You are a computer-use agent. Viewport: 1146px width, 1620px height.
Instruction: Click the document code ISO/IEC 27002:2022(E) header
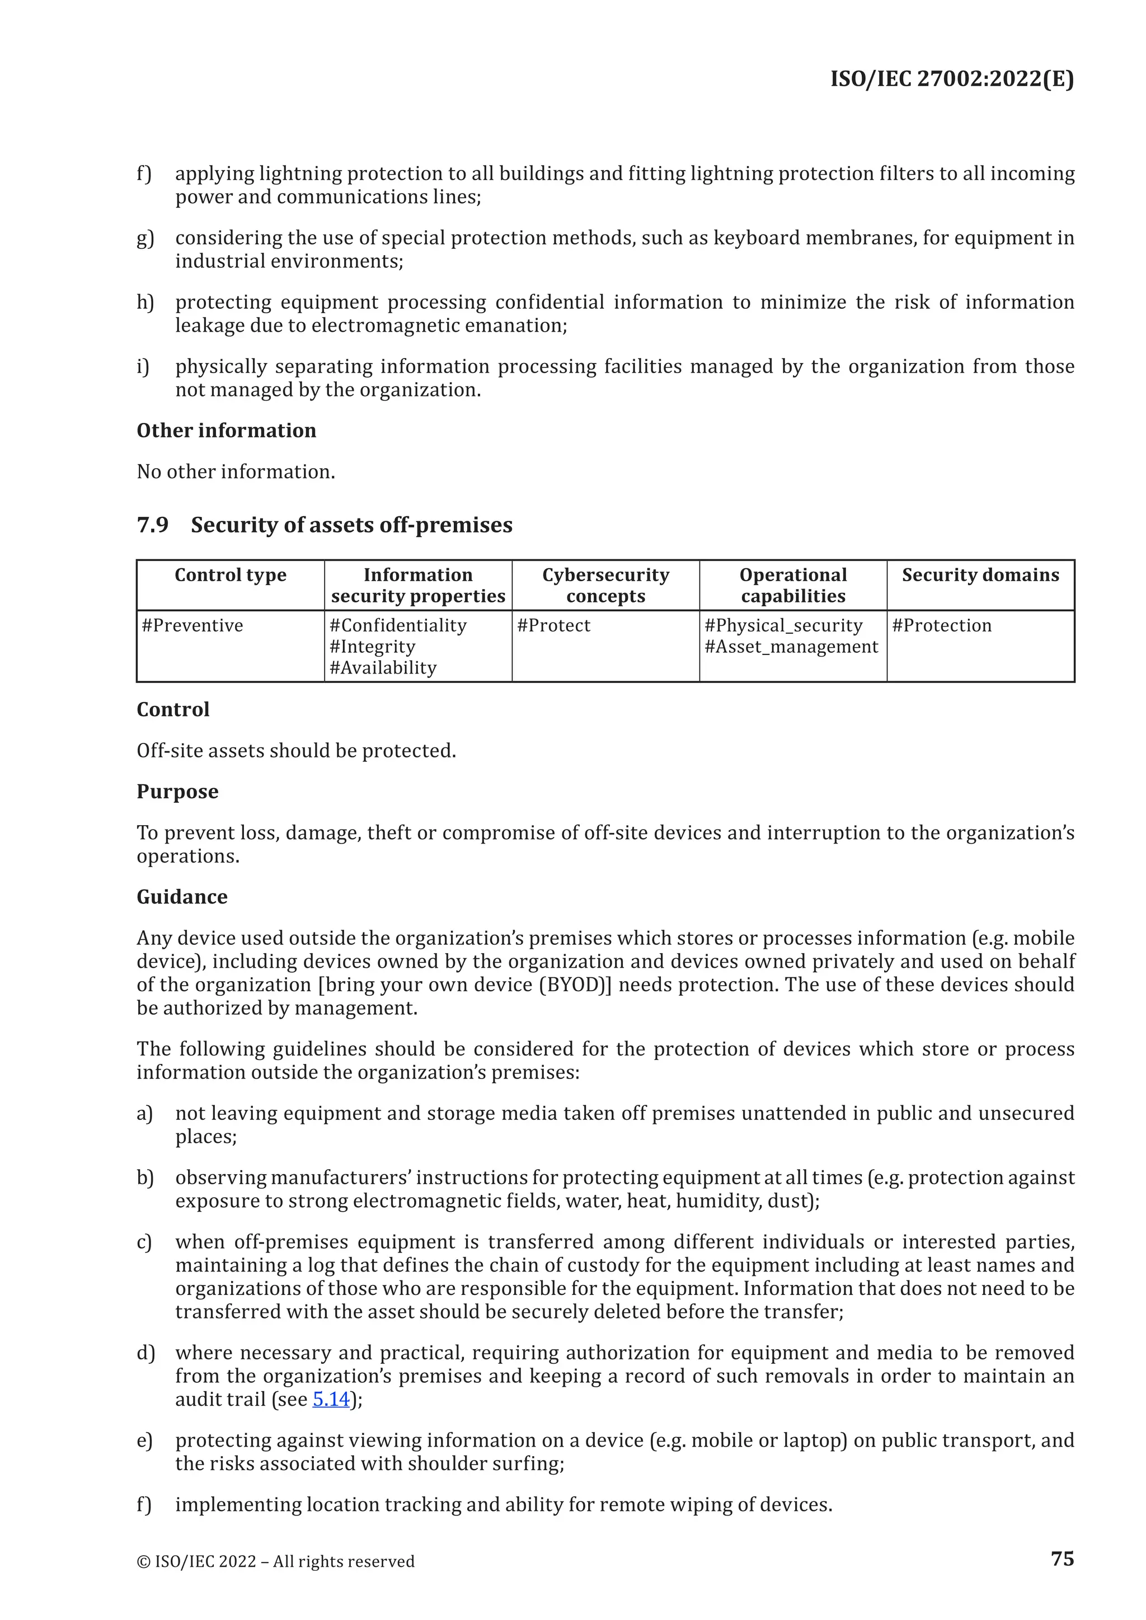(951, 78)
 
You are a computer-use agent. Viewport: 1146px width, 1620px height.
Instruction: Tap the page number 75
(1062, 1558)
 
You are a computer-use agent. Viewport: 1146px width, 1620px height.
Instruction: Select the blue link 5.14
(331, 1398)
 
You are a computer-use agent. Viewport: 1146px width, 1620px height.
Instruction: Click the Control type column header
(230, 575)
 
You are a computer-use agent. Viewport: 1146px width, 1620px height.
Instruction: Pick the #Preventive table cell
(192, 625)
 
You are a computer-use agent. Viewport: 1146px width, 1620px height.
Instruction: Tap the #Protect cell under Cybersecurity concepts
(553, 625)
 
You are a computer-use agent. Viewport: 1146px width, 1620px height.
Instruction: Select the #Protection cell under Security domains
(941, 625)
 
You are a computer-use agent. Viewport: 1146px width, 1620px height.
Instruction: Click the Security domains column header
(980, 575)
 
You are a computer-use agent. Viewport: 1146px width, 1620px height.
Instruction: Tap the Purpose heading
(177, 792)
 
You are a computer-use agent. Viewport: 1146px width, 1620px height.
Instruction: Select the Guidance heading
(182, 897)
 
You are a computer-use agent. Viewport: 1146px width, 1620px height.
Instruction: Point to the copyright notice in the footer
(275, 1561)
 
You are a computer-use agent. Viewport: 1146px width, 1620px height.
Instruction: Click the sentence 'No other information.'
(236, 472)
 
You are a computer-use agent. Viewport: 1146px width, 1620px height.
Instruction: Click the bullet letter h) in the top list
(145, 302)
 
